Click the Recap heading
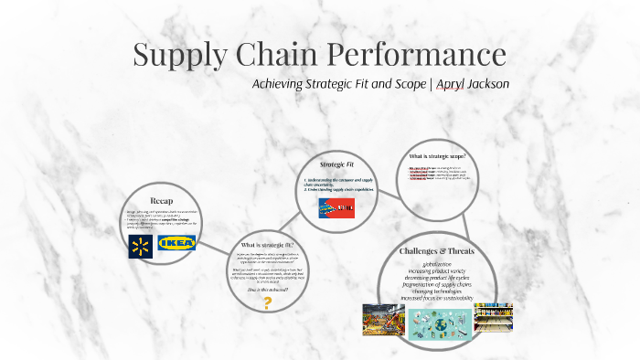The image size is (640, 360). point(161,200)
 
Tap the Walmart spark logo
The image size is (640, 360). point(140,244)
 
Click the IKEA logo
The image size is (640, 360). point(176,244)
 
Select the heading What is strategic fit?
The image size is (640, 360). point(267,246)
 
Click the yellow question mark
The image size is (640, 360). point(268,302)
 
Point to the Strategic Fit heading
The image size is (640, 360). point(337,164)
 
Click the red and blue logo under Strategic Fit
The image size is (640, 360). point(336,208)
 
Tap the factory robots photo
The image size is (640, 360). point(382,320)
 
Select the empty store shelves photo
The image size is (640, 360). point(493,318)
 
